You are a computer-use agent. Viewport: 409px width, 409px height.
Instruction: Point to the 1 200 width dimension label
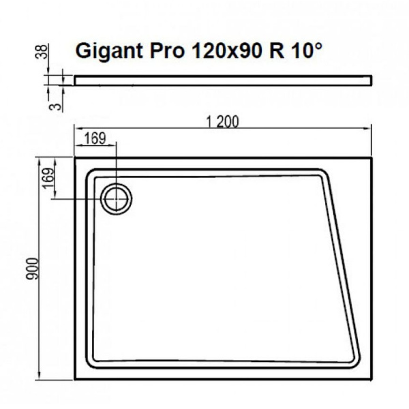point(222,122)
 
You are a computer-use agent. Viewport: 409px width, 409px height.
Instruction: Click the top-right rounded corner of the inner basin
point(324,176)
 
